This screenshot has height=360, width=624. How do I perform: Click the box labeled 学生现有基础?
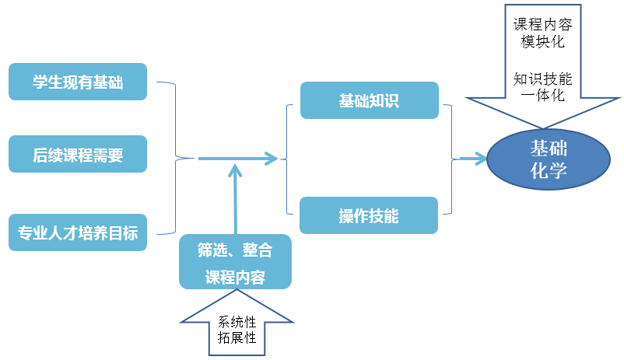click(x=78, y=82)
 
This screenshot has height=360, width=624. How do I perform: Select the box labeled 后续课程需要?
click(x=78, y=154)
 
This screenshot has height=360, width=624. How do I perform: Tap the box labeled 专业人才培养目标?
click(x=78, y=232)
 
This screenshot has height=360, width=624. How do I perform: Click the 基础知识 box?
click(x=369, y=100)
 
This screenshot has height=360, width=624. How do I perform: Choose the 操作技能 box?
click(x=369, y=215)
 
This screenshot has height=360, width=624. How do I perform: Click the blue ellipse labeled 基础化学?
click(x=548, y=159)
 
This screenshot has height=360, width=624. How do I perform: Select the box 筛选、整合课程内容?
click(x=235, y=263)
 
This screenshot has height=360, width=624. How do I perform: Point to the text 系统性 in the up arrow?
click(x=237, y=322)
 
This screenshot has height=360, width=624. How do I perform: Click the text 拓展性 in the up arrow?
click(x=237, y=338)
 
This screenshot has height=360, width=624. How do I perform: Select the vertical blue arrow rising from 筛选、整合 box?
click(x=234, y=198)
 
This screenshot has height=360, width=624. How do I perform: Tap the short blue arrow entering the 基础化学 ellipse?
click(x=472, y=159)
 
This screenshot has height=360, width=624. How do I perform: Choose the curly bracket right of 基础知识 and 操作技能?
click(x=449, y=159)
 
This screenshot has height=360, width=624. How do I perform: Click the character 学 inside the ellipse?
click(x=559, y=171)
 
